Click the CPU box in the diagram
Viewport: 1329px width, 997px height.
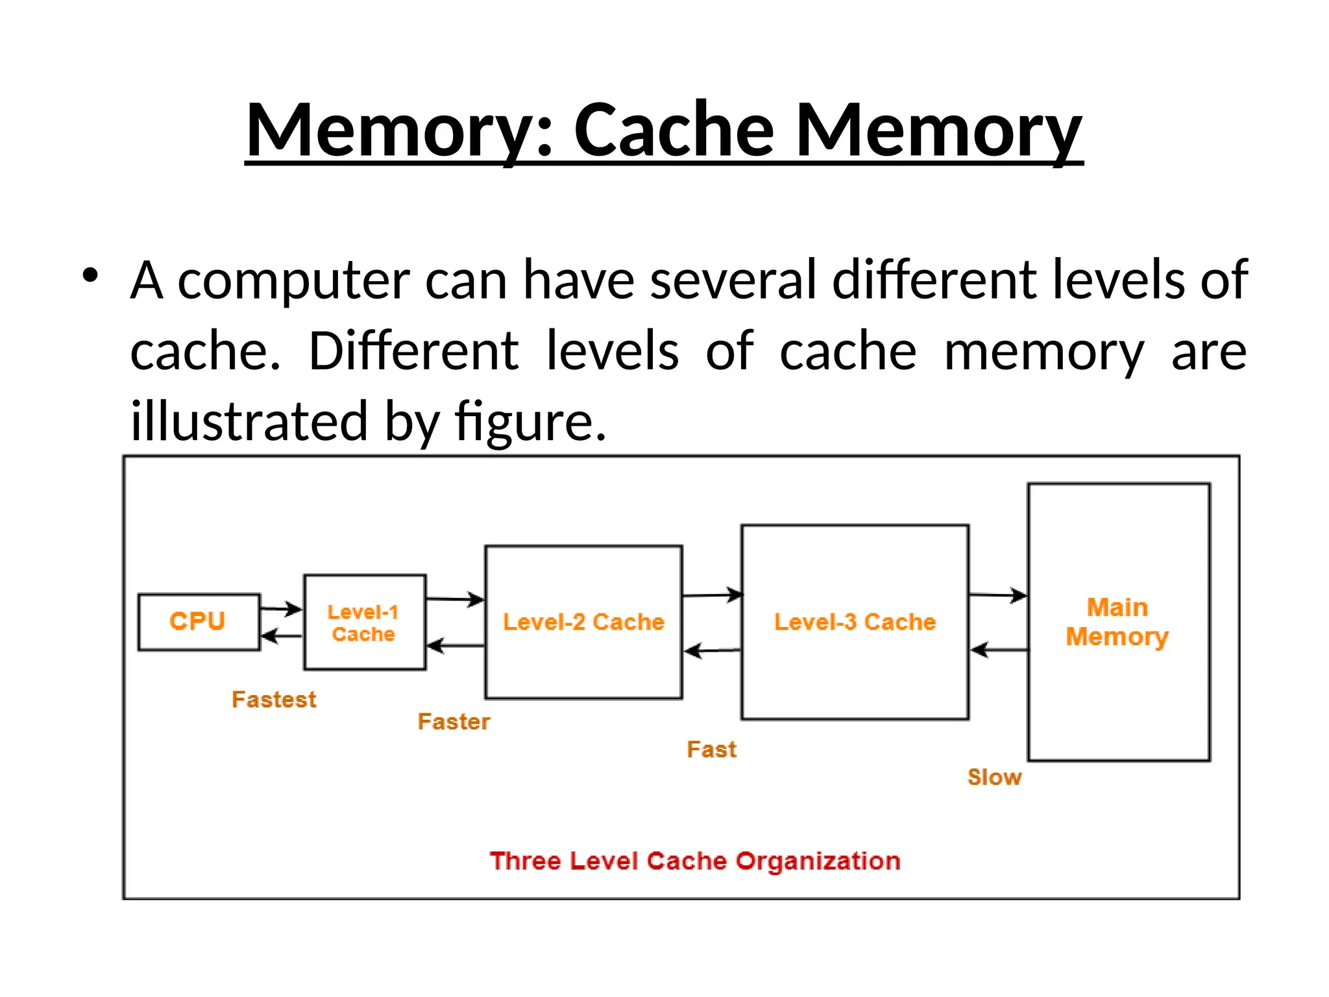[x=199, y=621]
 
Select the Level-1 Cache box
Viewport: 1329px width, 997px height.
[x=365, y=622]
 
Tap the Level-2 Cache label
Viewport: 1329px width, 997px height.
[x=583, y=622]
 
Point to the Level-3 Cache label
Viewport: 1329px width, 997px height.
[x=855, y=622]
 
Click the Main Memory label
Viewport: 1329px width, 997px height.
[x=1117, y=622]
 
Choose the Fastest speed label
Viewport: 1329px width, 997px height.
[x=274, y=700]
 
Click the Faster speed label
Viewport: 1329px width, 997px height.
[x=454, y=722]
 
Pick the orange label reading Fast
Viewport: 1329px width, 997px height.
[x=711, y=750]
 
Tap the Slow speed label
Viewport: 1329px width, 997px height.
[x=994, y=777]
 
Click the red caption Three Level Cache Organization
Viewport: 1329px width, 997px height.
[x=694, y=861]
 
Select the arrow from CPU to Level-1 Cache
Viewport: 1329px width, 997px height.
[x=282, y=609]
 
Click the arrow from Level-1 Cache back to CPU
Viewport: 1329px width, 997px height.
[x=282, y=635]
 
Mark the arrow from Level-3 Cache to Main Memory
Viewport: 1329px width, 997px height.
[x=998, y=595]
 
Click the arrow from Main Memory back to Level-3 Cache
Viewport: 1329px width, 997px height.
[x=999, y=649]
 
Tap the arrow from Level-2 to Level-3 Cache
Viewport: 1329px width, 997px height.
[x=713, y=595]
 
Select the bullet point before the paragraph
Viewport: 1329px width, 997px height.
[x=90, y=275]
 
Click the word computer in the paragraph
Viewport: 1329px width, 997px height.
[x=293, y=280]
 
